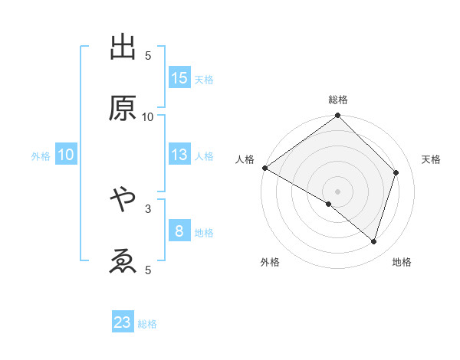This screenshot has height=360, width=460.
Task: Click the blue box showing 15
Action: (x=179, y=77)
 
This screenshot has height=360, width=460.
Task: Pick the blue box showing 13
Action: (x=179, y=155)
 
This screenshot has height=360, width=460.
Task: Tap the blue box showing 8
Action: (x=179, y=231)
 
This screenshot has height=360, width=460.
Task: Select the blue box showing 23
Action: (x=123, y=322)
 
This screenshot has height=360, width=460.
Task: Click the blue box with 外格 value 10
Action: (x=66, y=155)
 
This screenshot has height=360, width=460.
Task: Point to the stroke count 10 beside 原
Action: (x=148, y=116)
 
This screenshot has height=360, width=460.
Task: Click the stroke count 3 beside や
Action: (x=148, y=208)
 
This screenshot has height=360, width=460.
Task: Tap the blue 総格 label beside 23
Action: (x=147, y=324)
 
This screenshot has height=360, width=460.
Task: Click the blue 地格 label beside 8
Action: (x=204, y=233)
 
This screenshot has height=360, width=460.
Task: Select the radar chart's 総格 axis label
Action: (x=338, y=100)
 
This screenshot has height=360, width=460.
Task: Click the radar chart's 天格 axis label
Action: (x=431, y=159)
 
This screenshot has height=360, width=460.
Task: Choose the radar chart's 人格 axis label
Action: (x=245, y=159)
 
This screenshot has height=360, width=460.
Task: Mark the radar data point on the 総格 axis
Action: (x=338, y=116)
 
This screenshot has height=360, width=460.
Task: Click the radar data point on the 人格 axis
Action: (x=264, y=168)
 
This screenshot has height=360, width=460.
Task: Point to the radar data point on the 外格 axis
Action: (x=329, y=205)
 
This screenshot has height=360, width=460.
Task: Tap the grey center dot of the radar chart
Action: (x=338, y=191)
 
